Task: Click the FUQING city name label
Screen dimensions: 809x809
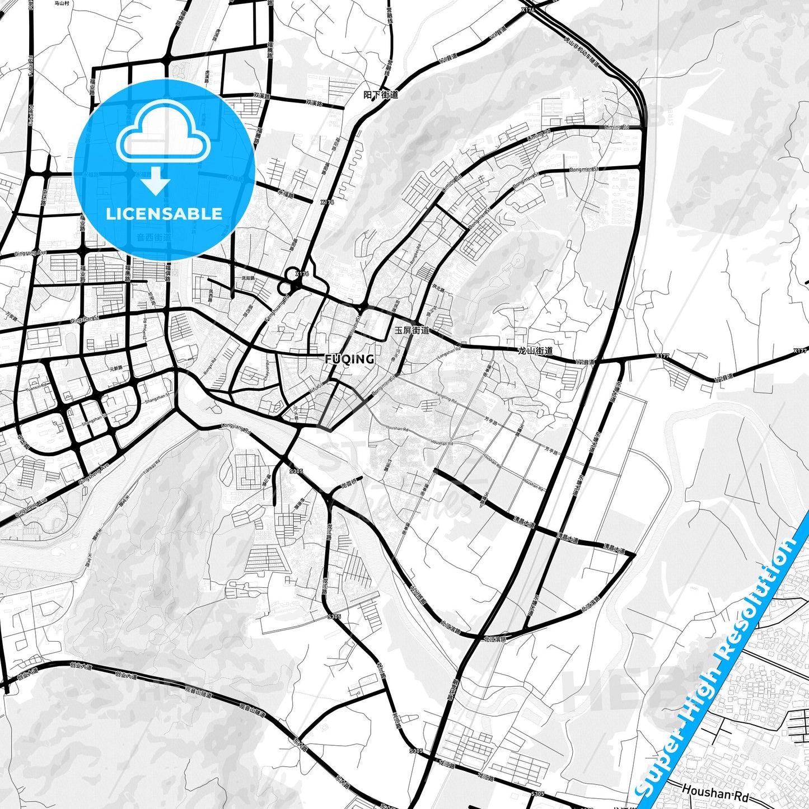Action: coord(349,359)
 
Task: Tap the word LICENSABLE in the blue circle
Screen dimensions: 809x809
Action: coord(164,214)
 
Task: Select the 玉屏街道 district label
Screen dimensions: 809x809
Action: coord(412,330)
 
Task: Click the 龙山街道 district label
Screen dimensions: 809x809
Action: coord(536,351)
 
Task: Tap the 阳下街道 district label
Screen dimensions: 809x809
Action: coord(381,95)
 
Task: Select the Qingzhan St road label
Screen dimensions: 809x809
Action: coord(85,320)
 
